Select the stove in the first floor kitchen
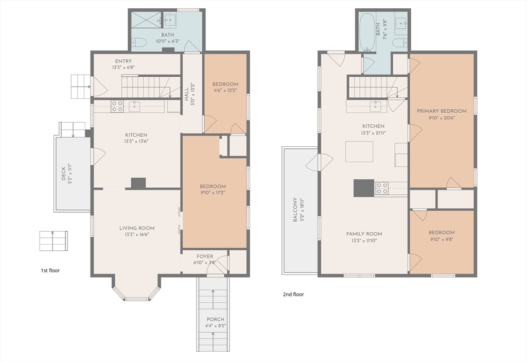pyautogui.click(x=117, y=106)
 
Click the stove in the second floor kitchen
pyautogui.click(x=382, y=188)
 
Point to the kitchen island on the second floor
pyautogui.click(x=359, y=152)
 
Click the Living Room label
pyautogui.click(x=137, y=228)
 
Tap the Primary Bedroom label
pyautogui.click(x=442, y=111)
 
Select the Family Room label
pyautogui.click(x=364, y=234)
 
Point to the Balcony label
pyautogui.click(x=295, y=210)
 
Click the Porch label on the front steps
pyautogui.click(x=216, y=319)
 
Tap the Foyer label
pyautogui.click(x=205, y=256)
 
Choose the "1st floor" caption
pyautogui.click(x=50, y=270)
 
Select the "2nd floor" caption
pyautogui.click(x=293, y=295)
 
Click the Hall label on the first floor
pyautogui.click(x=186, y=95)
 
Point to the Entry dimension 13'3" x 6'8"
pyautogui.click(x=124, y=67)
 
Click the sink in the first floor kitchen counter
pyautogui.click(x=134, y=106)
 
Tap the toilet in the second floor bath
pyautogui.click(x=400, y=43)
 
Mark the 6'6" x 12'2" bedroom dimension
pyautogui.click(x=225, y=90)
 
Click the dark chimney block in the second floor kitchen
pyautogui.click(x=364, y=188)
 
